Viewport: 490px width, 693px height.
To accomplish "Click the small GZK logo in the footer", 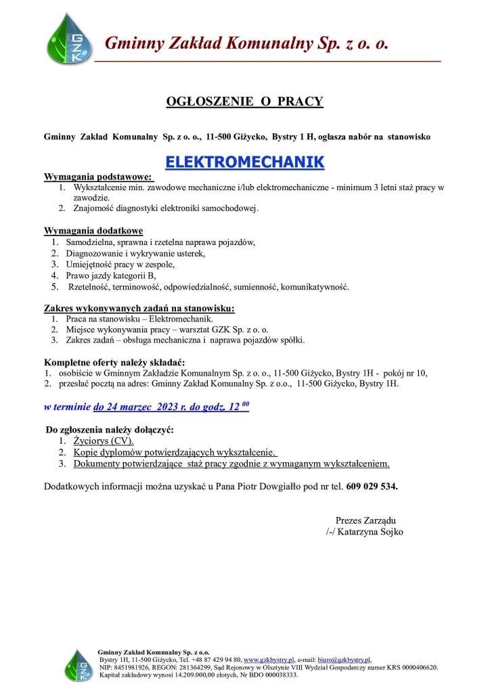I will (x=75, y=665).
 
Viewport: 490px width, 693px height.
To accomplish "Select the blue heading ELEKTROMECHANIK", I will (x=244, y=162).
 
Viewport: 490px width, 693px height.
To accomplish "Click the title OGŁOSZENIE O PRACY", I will (x=244, y=102).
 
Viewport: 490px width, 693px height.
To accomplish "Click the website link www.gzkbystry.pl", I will (x=269, y=659).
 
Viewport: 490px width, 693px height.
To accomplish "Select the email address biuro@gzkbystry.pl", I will (x=344, y=659).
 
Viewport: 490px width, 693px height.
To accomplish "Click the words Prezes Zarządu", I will (x=365, y=520).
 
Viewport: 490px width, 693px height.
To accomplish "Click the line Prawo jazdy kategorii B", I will (x=110, y=275).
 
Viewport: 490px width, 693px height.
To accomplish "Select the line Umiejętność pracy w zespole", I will (x=120, y=265).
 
